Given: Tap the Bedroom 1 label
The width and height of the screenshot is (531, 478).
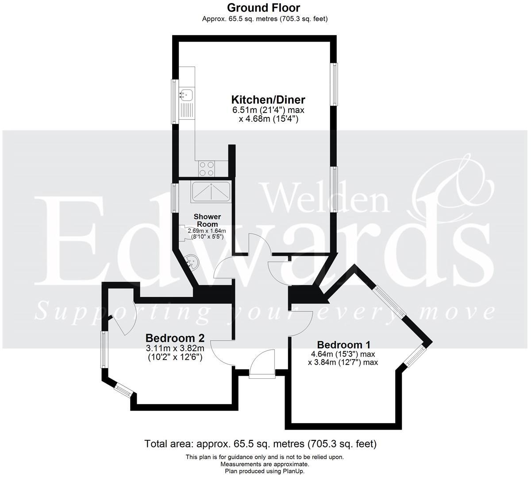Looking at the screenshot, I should point(344,345).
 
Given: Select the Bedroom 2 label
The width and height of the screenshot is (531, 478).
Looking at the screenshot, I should point(175,338).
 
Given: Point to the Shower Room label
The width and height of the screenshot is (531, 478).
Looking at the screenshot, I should point(208,220).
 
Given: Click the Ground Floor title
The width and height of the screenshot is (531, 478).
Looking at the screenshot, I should point(263,8).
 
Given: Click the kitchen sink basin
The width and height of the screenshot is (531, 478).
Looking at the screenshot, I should point(186,94).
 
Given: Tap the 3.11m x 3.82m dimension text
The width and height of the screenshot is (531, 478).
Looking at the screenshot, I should point(175,348).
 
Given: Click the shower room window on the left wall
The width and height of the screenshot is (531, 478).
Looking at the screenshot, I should point(174,197).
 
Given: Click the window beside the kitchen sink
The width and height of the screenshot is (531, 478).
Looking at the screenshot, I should point(175,102).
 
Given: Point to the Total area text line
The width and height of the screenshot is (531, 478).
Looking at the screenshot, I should point(261,443).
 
